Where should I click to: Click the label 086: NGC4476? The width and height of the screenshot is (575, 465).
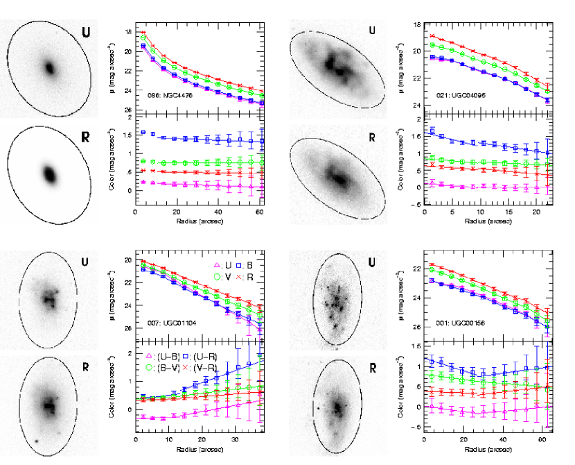166,94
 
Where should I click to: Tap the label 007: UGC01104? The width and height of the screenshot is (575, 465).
166,323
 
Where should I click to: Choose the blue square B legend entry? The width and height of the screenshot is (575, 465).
242,265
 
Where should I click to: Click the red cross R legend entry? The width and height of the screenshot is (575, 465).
242,276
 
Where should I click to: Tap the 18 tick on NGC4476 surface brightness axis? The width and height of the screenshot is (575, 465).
128,32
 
